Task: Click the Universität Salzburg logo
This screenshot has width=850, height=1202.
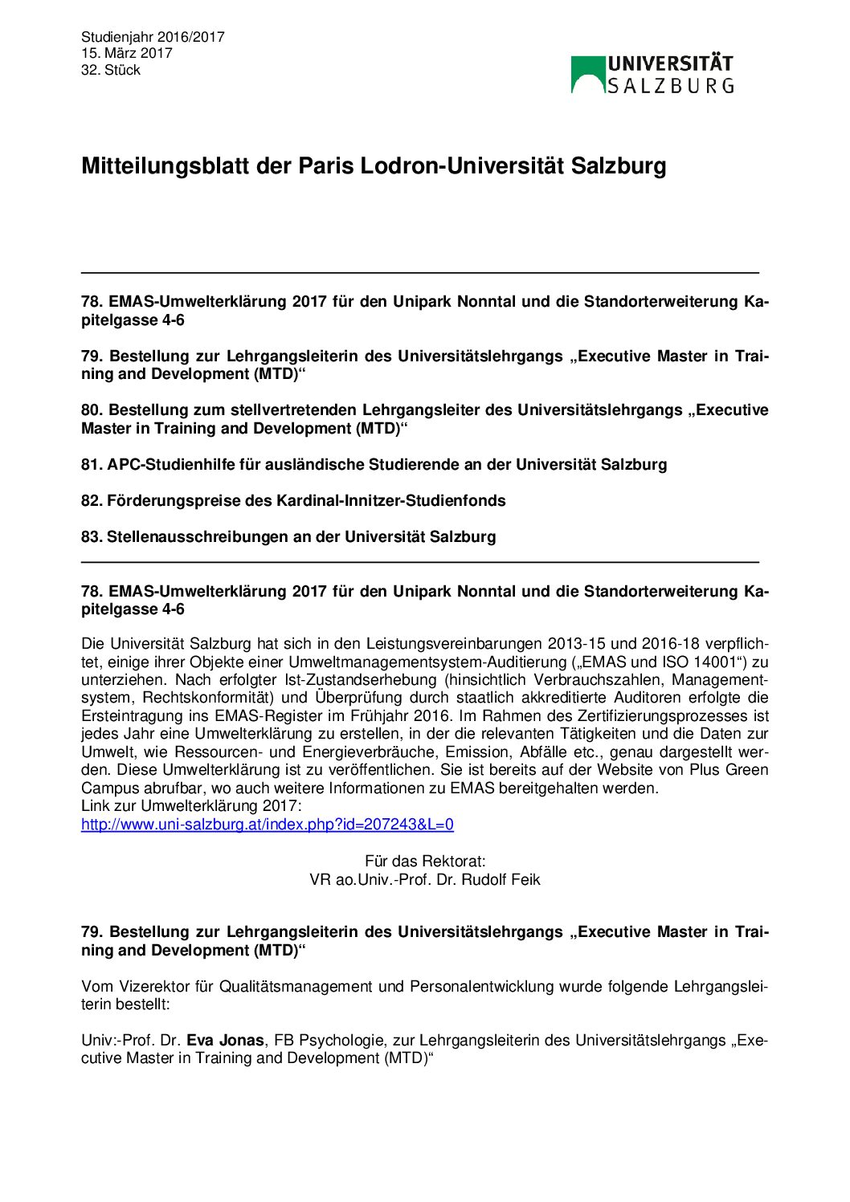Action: (652, 75)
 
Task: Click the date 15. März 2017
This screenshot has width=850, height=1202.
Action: (127, 54)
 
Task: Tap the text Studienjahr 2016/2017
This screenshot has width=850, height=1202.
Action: (153, 37)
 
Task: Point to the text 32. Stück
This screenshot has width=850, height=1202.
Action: (111, 71)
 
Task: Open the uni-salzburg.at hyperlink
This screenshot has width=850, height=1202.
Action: (268, 825)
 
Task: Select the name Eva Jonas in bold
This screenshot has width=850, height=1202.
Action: (225, 1041)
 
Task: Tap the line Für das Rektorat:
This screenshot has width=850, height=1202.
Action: (425, 862)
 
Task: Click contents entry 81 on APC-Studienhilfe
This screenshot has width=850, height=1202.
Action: (374, 465)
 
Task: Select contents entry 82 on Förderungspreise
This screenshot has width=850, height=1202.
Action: (293, 501)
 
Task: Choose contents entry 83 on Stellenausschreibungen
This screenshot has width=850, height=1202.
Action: (288, 537)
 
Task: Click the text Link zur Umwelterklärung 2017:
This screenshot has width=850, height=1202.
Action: (191, 806)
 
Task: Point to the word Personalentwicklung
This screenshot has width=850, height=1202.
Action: (481, 987)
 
